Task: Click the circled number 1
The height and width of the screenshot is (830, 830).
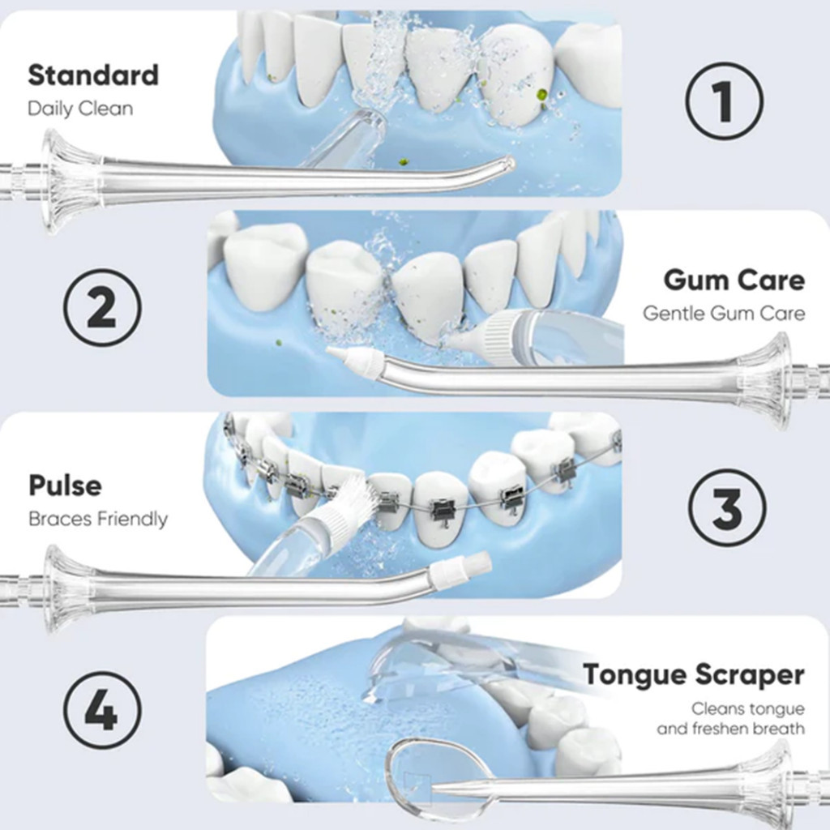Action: [725, 101]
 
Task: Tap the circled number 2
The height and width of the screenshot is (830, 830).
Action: [103, 307]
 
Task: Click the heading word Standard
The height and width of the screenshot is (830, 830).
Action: [93, 75]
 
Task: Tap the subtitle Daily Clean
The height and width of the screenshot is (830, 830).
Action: [80, 109]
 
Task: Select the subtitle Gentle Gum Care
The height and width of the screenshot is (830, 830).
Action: [724, 313]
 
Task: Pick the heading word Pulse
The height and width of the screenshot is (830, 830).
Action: [65, 486]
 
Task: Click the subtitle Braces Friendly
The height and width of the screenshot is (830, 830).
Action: [98, 519]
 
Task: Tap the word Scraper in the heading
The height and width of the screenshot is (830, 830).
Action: [750, 675]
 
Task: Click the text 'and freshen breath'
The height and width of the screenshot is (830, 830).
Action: [730, 729]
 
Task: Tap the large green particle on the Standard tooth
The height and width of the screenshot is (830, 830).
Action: [541, 96]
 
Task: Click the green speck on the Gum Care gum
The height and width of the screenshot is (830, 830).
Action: [277, 343]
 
